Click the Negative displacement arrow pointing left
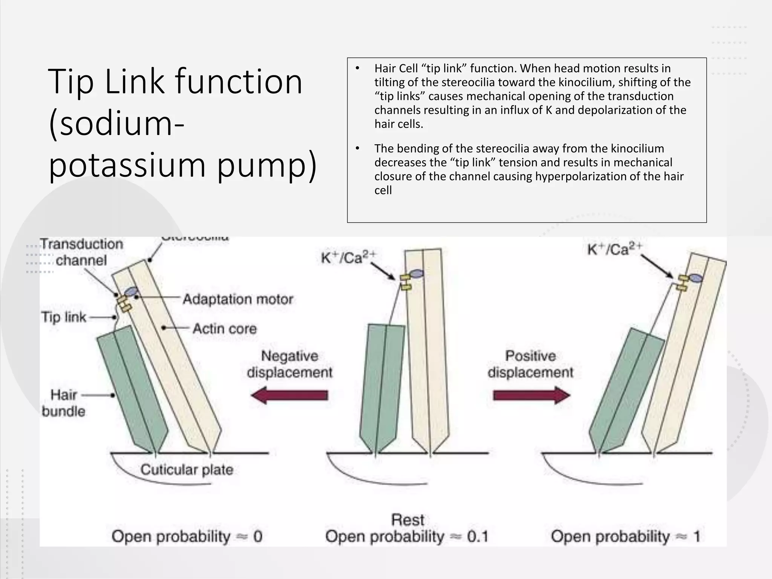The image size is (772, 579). tap(289, 395)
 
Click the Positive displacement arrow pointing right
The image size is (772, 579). tap(532, 395)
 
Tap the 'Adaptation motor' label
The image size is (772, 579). tap(238, 299)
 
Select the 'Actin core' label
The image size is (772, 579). tap(225, 329)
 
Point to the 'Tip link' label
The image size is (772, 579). tap(64, 317)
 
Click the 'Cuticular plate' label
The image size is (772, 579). tap(187, 470)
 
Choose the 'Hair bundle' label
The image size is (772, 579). tap(64, 403)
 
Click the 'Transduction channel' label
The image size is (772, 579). tap(81, 252)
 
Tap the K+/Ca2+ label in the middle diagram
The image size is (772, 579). tap(348, 257)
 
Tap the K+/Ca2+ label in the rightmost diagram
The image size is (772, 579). tap(614, 249)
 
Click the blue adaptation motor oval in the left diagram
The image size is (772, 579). tap(132, 291)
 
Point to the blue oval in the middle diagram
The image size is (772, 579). tap(416, 274)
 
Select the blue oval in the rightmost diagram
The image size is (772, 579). tap(696, 278)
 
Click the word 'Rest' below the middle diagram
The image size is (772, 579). tap(407, 520)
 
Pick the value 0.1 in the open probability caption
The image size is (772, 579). tap(478, 536)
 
